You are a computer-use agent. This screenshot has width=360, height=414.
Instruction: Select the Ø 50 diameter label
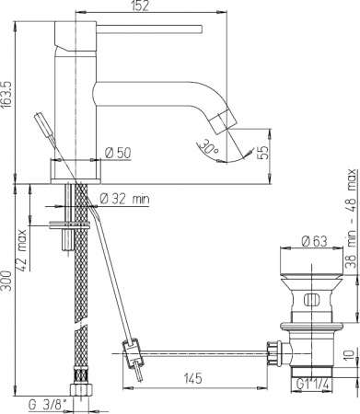(x=118, y=151)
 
